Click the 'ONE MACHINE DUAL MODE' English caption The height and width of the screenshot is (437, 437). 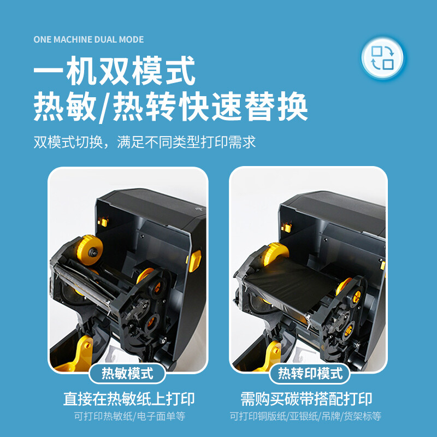coord(88,39)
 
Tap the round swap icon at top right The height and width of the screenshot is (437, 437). coord(382,57)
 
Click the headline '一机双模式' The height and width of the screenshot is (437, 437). coord(114,71)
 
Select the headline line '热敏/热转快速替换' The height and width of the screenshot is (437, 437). coord(170,107)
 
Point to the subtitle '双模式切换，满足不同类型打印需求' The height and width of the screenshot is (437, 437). coord(145,142)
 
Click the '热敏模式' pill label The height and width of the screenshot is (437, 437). coord(127,373)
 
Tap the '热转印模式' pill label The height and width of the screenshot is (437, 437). coord(310,373)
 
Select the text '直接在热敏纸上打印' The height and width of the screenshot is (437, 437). coord(129,399)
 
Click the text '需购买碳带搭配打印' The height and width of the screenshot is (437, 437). coord(306,399)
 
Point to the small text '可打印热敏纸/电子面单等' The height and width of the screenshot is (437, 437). coord(129,416)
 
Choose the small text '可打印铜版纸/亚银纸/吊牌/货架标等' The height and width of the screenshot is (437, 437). coord(305,416)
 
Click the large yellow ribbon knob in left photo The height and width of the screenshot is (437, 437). coord(89,250)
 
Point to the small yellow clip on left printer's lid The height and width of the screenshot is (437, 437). coord(103,222)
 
